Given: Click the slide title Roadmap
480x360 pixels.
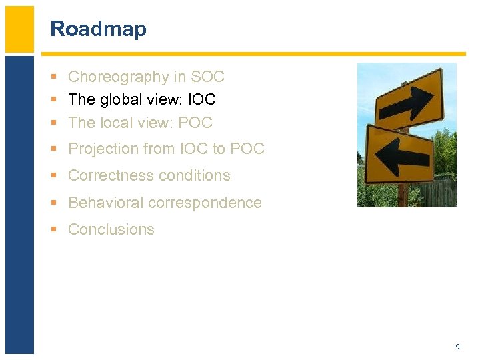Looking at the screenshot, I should (98, 29).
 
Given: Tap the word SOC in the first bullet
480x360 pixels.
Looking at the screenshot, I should (208, 77).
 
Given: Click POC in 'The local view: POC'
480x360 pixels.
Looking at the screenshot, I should (195, 123).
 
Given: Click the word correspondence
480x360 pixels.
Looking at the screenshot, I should (206, 203).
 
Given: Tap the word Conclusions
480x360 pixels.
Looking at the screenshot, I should (111, 229).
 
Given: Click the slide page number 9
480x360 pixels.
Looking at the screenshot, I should (457, 347).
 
